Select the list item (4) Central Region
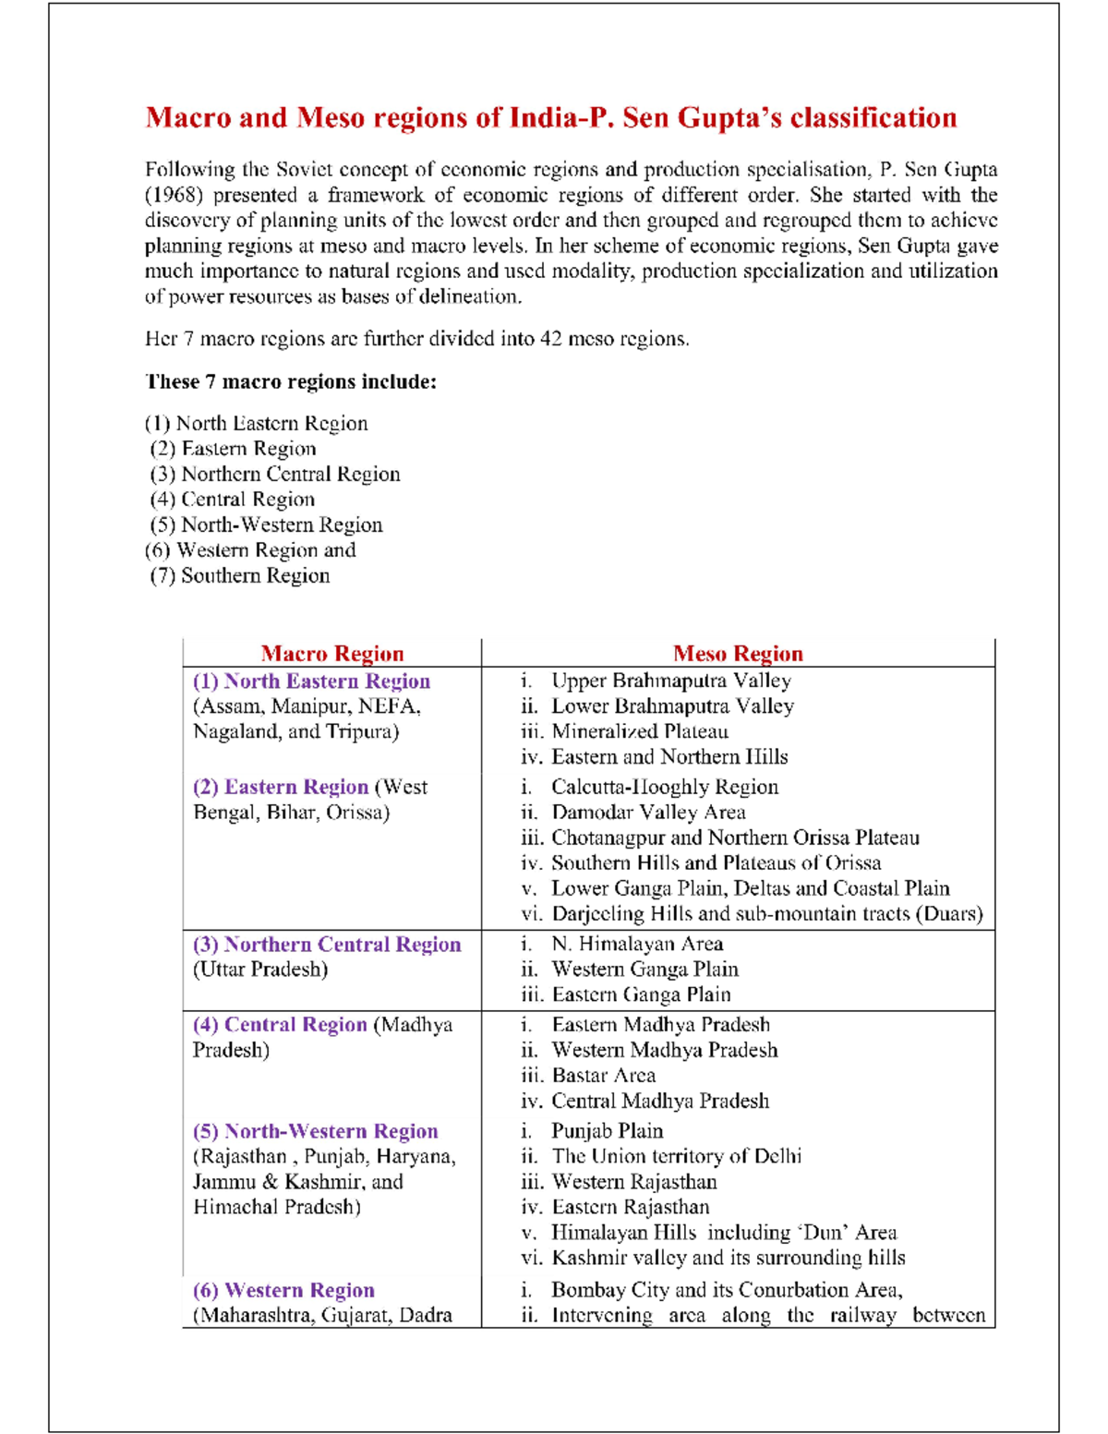[x=233, y=500]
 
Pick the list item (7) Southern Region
[x=240, y=576]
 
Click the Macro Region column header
[x=332, y=654]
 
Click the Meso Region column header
[x=738, y=654]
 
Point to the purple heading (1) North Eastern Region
[x=311, y=681]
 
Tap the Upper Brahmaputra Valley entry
[x=670, y=681]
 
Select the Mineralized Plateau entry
[x=640, y=732]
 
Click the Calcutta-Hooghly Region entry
[x=665, y=788]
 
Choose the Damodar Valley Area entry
[x=648, y=813]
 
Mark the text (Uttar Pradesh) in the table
[x=260, y=970]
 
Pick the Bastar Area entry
[x=604, y=1076]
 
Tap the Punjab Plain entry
[x=608, y=1131]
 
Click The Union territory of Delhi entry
[x=677, y=1157]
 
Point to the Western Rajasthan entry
[x=633, y=1182]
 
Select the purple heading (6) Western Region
[x=283, y=1291]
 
